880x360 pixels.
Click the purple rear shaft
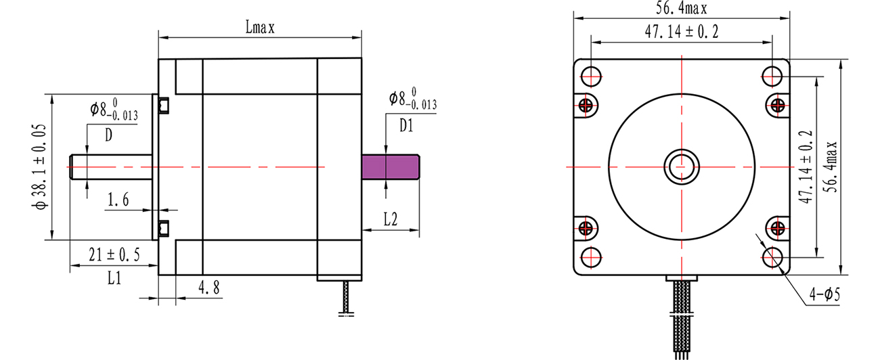pyautogui.click(x=391, y=167)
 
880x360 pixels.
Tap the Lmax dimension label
pyautogui.click(x=260, y=28)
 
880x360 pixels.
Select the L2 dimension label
pyautogui.click(x=391, y=219)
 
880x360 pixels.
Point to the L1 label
pyautogui.click(x=114, y=278)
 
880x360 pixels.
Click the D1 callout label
pyautogui.click(x=407, y=126)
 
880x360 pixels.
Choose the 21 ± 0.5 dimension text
pyautogui.click(x=114, y=255)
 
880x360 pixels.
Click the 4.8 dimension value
pyautogui.click(x=209, y=288)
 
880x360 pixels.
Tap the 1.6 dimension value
pyautogui.click(x=118, y=200)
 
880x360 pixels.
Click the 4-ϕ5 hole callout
pyautogui.click(x=824, y=294)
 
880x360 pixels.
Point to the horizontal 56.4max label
pyautogui.click(x=681, y=8)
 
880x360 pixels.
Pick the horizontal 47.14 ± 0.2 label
pyautogui.click(x=682, y=31)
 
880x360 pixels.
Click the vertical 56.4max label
pyautogui.click(x=831, y=167)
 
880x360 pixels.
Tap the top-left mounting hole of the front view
pyautogui.click(x=591, y=76)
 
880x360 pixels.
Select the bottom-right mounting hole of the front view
pyautogui.click(x=772, y=257)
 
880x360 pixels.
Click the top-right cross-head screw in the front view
pyautogui.click(x=778, y=105)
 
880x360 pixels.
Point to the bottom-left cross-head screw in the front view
pyautogui.click(x=586, y=227)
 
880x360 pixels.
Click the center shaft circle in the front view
pyautogui.click(x=682, y=167)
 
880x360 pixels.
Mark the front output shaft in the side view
pyautogui.click(x=111, y=167)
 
